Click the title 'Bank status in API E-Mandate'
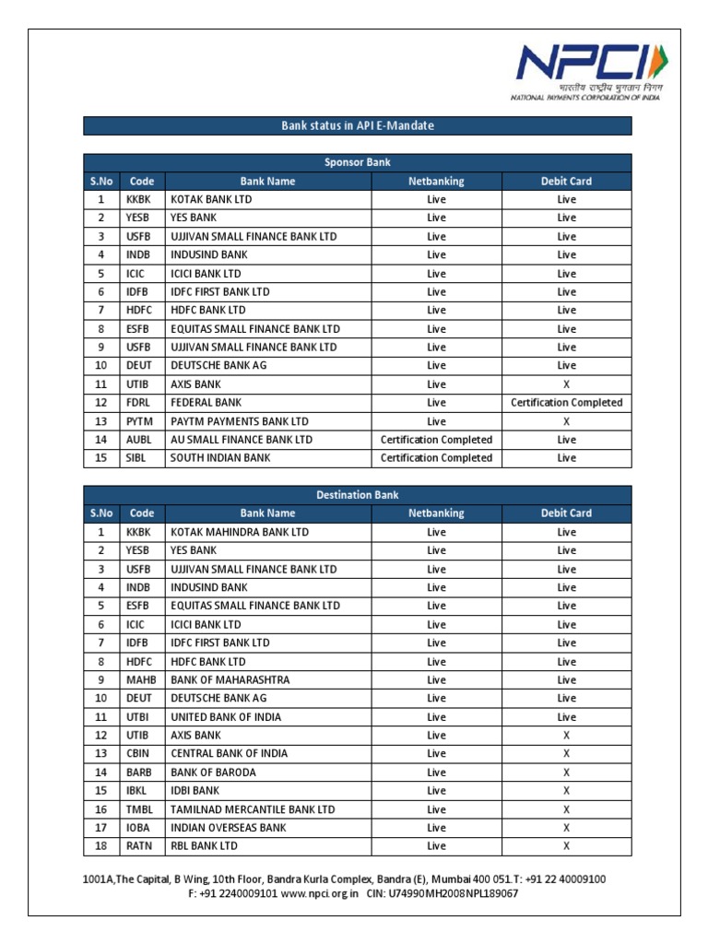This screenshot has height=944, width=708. click(358, 125)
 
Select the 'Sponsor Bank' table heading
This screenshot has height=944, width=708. click(358, 162)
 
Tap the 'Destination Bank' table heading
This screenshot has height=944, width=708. click(358, 495)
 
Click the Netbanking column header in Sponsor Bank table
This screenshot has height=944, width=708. click(436, 182)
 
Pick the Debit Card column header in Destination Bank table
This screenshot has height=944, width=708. click(566, 513)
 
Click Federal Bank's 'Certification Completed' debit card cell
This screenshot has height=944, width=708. click(566, 403)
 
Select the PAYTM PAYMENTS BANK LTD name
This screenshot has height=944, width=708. click(239, 421)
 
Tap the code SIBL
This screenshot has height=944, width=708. click(136, 458)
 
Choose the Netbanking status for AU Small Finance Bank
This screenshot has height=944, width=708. click(436, 440)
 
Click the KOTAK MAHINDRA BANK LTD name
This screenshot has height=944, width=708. click(240, 532)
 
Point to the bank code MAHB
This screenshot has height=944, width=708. click(138, 679)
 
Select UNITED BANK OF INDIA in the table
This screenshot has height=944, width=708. click(226, 716)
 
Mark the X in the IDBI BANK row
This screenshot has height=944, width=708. click(566, 791)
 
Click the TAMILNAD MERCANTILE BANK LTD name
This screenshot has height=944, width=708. click(253, 809)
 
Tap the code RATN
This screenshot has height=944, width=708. click(137, 846)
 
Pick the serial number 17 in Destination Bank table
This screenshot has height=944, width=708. click(101, 828)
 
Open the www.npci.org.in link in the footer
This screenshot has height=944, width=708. click(319, 893)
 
